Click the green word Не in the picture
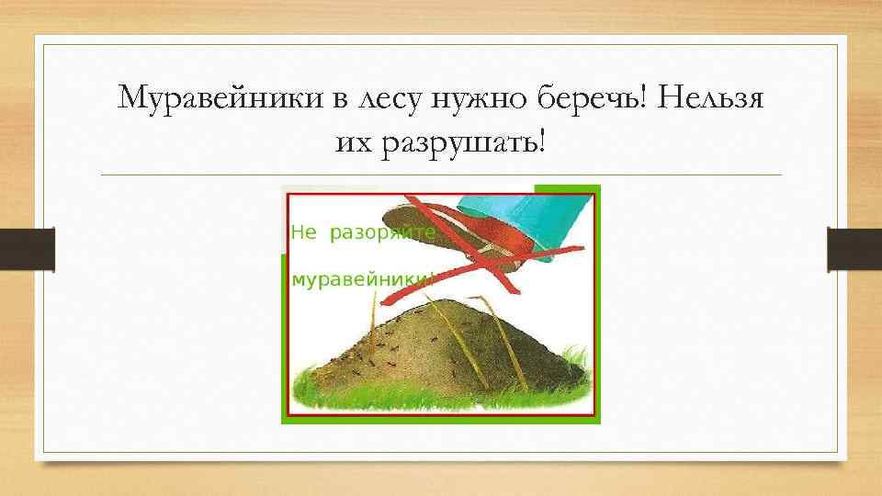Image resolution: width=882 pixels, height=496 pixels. click(303, 233)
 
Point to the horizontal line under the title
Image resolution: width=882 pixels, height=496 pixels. click(441, 175)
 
